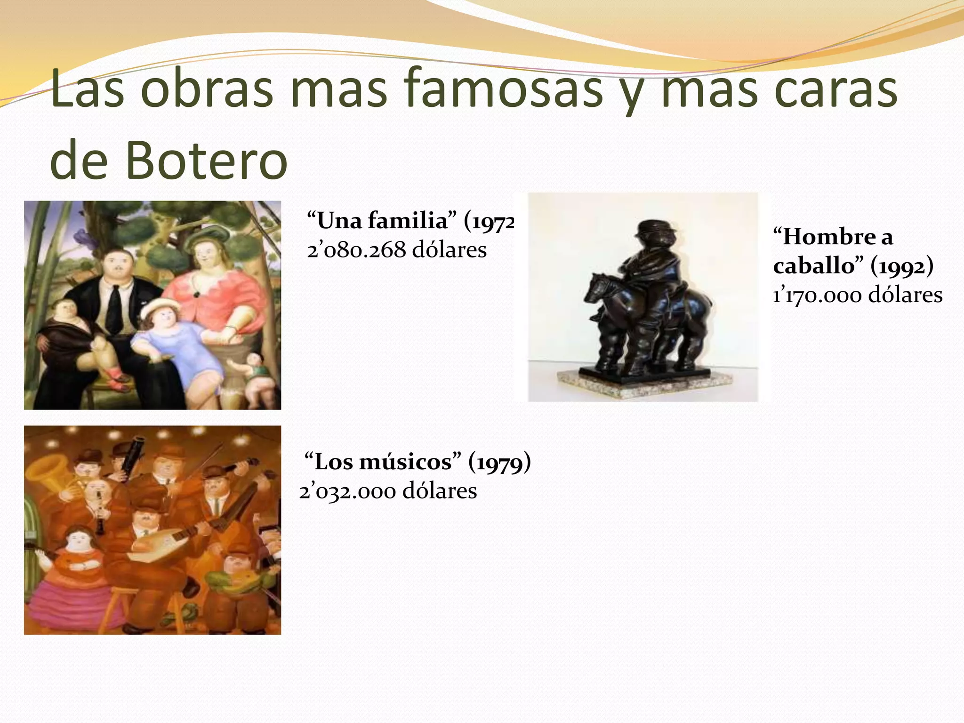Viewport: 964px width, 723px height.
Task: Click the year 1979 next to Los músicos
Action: (499, 462)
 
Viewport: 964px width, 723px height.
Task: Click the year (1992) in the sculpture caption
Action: (902, 266)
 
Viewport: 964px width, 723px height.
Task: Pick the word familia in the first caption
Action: (408, 220)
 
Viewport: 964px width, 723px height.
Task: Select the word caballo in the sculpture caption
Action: (813, 266)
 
